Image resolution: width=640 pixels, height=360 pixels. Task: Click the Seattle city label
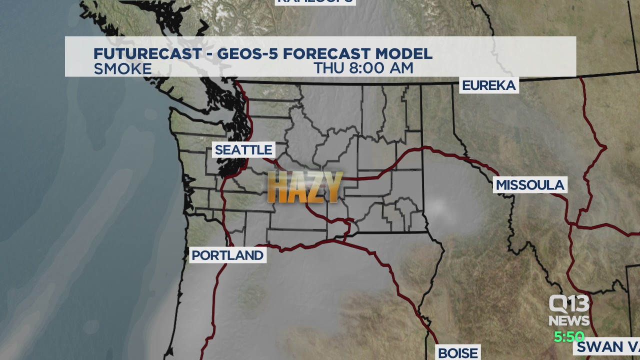[243, 149]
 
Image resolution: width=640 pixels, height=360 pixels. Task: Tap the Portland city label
[227, 255]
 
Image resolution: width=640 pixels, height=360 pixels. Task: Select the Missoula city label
[530, 185]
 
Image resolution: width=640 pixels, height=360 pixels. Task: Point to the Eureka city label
[488, 85]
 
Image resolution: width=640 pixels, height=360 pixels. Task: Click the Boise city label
[457, 353]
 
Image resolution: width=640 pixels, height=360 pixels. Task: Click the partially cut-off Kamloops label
[315, 1]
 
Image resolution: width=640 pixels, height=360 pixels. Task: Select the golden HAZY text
[305, 187]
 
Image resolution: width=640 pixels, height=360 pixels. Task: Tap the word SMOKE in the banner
[122, 69]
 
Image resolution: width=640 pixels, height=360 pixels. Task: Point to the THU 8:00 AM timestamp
[363, 68]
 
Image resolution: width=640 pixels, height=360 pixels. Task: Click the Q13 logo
[569, 303]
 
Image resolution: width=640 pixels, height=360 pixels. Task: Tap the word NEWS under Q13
[569, 320]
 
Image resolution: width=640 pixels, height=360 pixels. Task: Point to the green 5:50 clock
[569, 337]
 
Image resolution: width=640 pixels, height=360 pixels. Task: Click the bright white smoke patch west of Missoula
[437, 207]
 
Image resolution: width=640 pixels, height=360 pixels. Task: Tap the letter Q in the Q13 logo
[557, 303]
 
